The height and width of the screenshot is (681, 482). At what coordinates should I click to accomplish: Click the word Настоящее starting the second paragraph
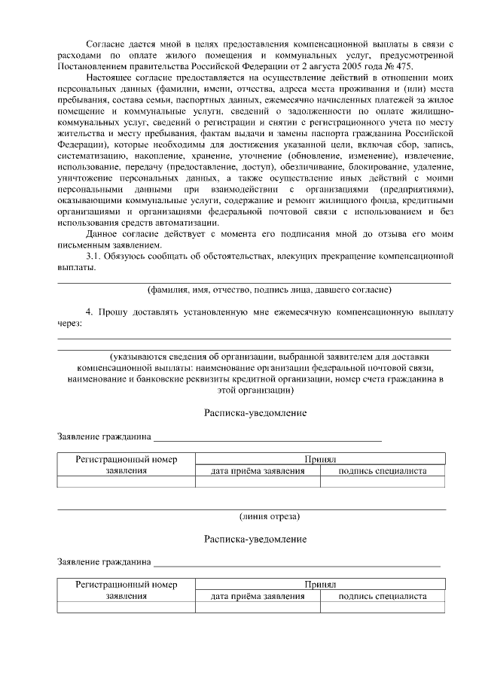(112, 78)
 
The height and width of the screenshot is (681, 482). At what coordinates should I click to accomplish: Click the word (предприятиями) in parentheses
(416, 187)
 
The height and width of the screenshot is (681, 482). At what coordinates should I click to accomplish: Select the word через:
(71, 322)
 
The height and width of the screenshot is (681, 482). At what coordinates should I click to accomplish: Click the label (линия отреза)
(270, 516)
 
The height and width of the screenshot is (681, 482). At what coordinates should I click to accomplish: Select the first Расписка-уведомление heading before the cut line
(255, 413)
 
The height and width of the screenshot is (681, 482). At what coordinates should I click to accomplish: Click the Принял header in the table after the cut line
(319, 584)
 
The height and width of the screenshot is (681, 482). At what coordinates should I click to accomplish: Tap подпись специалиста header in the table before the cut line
(383, 471)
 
